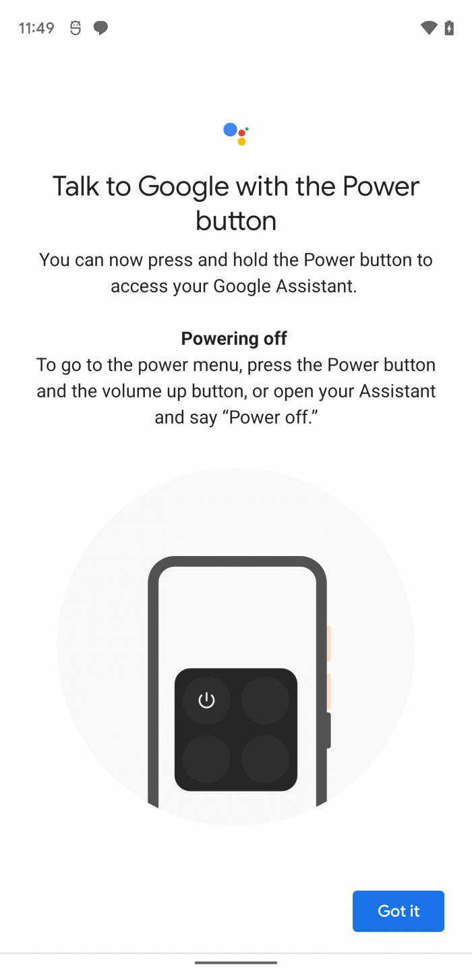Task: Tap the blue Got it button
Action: tap(399, 911)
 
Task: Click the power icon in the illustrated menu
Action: tap(206, 700)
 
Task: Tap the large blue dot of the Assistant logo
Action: tap(230, 129)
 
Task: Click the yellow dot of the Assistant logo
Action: tap(241, 141)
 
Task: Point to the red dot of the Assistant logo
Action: tap(241, 133)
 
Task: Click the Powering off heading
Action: tap(234, 339)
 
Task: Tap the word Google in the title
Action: tap(183, 188)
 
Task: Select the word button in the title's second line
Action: tap(236, 221)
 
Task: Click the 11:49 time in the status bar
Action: tap(36, 28)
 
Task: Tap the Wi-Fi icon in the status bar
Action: tap(429, 28)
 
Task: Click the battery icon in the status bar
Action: tap(449, 28)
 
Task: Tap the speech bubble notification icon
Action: tap(100, 28)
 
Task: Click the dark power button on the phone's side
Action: tap(328, 730)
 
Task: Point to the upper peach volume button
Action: tap(328, 643)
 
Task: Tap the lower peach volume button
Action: tap(328, 692)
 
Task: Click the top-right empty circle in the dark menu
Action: tap(265, 700)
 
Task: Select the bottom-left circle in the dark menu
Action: tap(206, 758)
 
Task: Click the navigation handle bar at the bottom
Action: tap(236, 963)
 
